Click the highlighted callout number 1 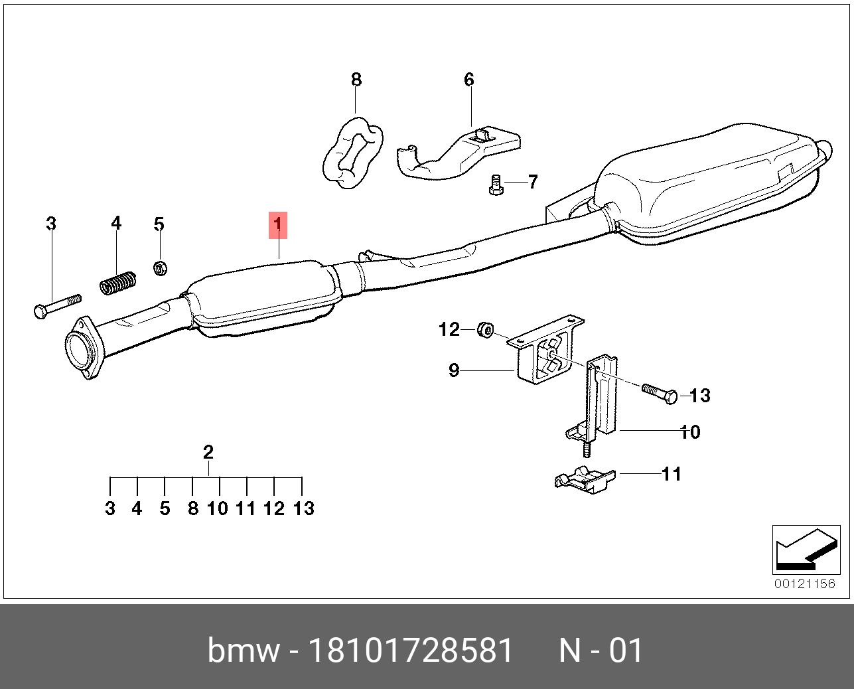click(277, 225)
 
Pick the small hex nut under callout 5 click(160, 268)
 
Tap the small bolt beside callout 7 click(495, 185)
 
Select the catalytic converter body click(265, 299)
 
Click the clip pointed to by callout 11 click(584, 479)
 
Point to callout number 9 click(454, 370)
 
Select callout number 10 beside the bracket click(691, 432)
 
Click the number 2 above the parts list click(208, 453)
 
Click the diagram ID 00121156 click(805, 584)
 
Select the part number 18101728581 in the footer click(411, 651)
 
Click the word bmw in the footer click(243, 651)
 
